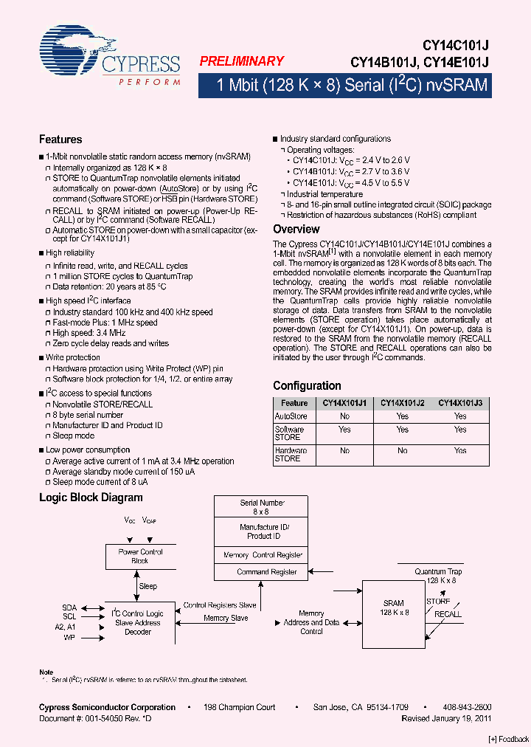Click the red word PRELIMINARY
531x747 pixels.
click(x=241, y=62)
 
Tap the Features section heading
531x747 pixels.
click(x=60, y=140)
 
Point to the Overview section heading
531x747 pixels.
click(x=296, y=230)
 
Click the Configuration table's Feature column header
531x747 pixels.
click(x=294, y=403)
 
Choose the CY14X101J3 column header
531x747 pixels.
click(x=460, y=403)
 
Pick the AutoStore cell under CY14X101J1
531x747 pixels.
click(x=344, y=416)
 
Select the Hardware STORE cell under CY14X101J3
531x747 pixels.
click(x=460, y=450)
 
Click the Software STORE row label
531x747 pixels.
click(x=289, y=433)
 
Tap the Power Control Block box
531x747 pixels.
click(x=141, y=557)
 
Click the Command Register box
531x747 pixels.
click(x=267, y=572)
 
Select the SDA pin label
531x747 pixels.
click(x=69, y=607)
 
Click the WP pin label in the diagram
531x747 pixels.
click(x=69, y=637)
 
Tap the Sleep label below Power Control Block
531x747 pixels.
click(x=148, y=586)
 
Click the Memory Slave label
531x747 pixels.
click(x=226, y=619)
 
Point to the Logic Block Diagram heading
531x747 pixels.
click(x=91, y=498)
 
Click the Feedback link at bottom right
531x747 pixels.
click(x=508, y=739)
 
